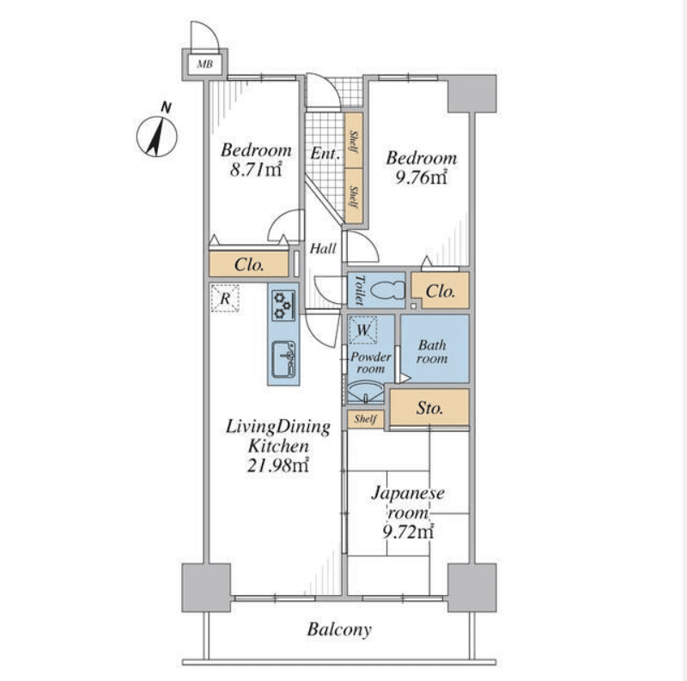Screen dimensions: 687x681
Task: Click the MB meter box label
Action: point(204,64)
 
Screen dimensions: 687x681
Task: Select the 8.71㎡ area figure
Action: point(255,169)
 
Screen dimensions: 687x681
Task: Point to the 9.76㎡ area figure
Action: point(421,177)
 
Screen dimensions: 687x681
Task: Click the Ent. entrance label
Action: point(325,154)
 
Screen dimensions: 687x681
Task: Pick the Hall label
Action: point(324,249)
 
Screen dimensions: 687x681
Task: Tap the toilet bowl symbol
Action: point(387,290)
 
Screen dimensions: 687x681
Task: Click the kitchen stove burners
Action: point(283,305)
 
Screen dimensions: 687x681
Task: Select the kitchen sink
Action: point(283,359)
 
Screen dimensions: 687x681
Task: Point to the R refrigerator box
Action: point(225,299)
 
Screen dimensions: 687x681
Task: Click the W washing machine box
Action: point(363,330)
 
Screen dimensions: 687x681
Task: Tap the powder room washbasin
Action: point(366,392)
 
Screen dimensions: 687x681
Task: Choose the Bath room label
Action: point(432,352)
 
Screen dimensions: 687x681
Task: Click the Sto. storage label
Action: point(430,408)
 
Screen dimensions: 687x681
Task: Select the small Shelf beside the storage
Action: point(366,419)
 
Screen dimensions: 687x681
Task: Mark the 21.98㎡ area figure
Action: point(278,465)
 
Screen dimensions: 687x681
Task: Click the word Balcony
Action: point(339,629)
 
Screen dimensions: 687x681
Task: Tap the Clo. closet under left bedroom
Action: point(249,264)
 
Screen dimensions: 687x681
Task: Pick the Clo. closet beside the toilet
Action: point(441,290)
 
